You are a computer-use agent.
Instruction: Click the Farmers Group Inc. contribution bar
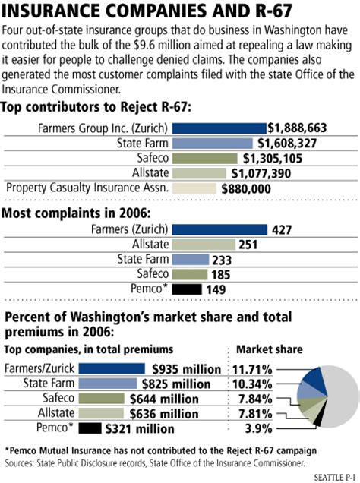(x=220, y=128)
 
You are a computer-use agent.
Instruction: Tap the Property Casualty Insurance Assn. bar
(x=194, y=188)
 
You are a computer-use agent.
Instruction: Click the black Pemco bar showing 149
(x=188, y=289)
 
